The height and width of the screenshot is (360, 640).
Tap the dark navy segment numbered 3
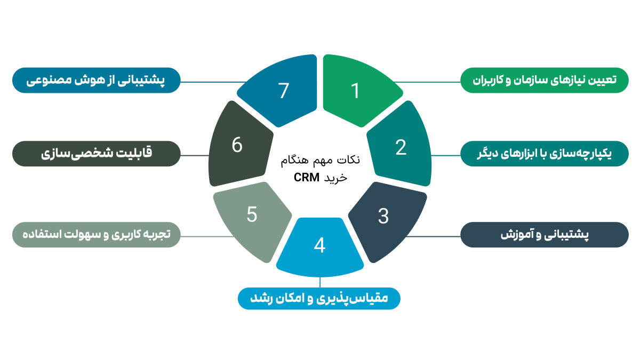pyautogui.click(x=383, y=216)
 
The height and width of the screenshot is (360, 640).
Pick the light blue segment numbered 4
pyautogui.click(x=319, y=245)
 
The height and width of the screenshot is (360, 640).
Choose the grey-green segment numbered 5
pyautogui.click(x=252, y=214)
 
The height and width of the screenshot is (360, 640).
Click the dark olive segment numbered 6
pyautogui.click(x=237, y=145)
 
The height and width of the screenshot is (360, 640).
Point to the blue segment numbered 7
pyautogui.click(x=283, y=91)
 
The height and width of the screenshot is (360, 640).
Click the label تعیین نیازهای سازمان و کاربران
pyautogui.click(x=545, y=80)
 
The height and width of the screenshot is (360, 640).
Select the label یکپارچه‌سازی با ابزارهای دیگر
pyautogui.click(x=545, y=154)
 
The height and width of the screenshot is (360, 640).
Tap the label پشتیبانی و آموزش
pyautogui.click(x=545, y=235)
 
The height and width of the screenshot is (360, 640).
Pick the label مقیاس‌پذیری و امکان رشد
pyautogui.click(x=319, y=297)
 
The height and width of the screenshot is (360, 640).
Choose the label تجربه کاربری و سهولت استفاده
pyautogui.click(x=96, y=235)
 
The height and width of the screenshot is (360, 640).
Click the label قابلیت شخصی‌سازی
pyautogui.click(x=96, y=154)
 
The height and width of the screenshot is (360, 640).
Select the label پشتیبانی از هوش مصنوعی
pyautogui.click(x=96, y=80)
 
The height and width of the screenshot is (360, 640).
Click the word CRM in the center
pyautogui.click(x=307, y=178)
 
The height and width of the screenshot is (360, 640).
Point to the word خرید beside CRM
pyautogui.click(x=335, y=178)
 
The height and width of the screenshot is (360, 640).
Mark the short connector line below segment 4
pyautogui.click(x=319, y=282)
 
